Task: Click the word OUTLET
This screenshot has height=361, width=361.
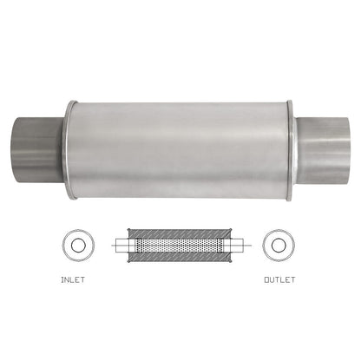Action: [279, 280]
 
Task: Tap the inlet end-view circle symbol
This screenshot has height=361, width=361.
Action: [79, 246]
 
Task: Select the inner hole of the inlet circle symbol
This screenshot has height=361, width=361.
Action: [79, 246]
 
